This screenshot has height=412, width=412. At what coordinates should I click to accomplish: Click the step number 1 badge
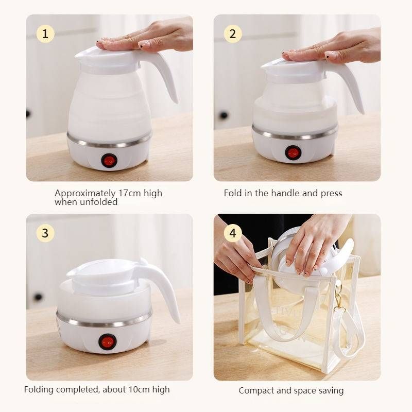coord(45,34)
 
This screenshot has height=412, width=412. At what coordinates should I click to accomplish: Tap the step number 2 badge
coord(233,34)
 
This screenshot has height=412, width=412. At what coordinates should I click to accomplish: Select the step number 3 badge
coord(45,233)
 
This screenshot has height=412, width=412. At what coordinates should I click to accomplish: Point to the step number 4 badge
coord(233,233)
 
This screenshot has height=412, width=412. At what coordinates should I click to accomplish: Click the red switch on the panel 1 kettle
coord(109,160)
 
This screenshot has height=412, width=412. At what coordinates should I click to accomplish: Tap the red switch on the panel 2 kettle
coord(293,152)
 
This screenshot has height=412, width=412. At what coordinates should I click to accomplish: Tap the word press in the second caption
coord(331,194)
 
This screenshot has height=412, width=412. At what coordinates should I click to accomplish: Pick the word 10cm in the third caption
coord(139,389)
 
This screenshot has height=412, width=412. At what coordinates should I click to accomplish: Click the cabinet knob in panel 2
coord(224,115)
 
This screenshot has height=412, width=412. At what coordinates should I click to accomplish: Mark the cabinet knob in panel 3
coord(38,297)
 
